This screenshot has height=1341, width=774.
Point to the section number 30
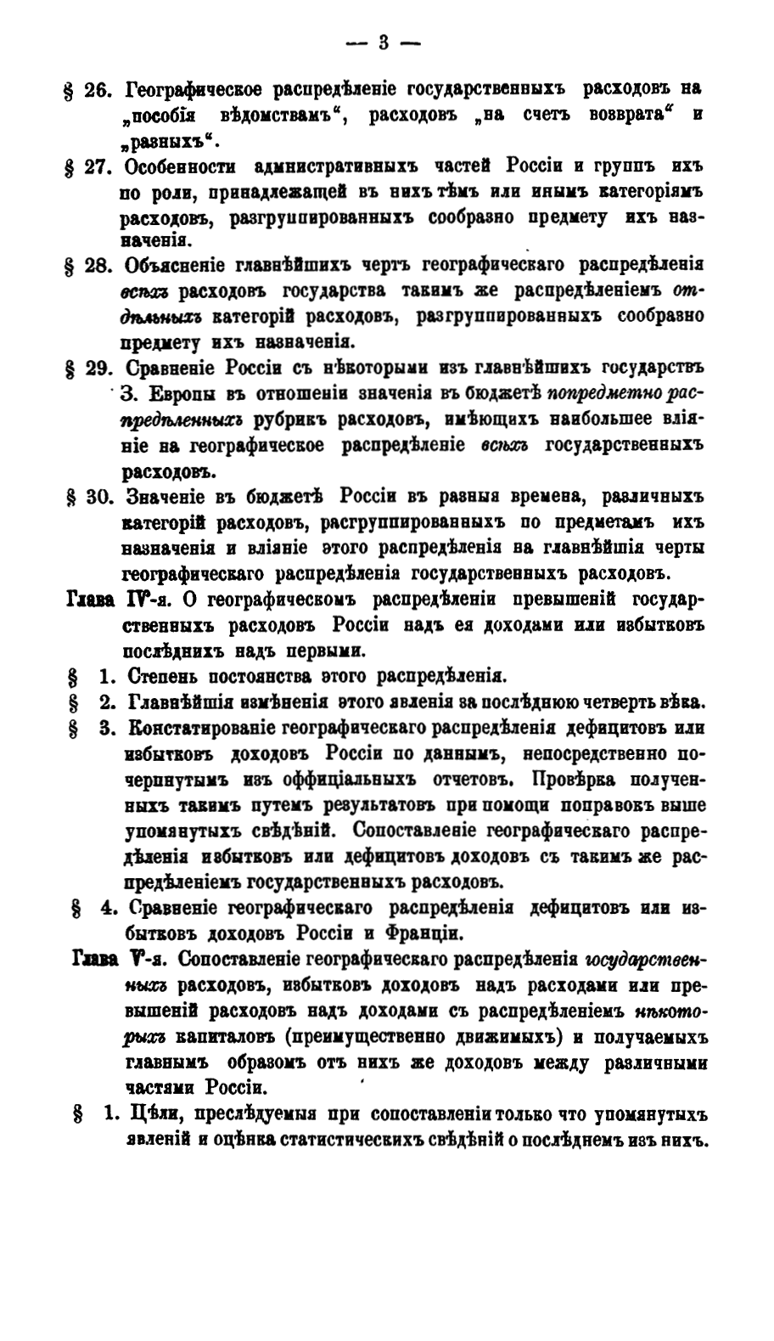93,496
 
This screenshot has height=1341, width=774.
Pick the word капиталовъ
226,1037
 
